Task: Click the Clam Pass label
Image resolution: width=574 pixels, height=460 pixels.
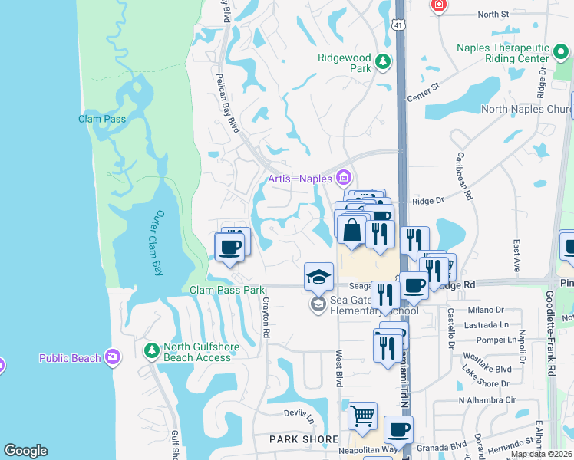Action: [x=101, y=119]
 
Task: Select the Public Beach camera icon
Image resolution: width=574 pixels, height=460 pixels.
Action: [x=114, y=356]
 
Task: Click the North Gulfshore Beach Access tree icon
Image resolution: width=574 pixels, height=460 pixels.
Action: [x=152, y=351]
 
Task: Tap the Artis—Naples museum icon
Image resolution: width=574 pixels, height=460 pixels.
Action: [x=343, y=179]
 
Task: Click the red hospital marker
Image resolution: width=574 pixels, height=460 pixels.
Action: [x=439, y=5]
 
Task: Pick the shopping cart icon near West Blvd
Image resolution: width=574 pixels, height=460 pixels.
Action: [x=362, y=416]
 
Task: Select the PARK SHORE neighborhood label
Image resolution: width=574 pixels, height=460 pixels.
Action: [x=303, y=439]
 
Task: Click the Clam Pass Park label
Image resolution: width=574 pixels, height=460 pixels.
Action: [x=227, y=291]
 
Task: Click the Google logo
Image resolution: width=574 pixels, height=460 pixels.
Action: [x=26, y=451]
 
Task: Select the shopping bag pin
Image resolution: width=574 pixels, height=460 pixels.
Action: [x=351, y=230]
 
